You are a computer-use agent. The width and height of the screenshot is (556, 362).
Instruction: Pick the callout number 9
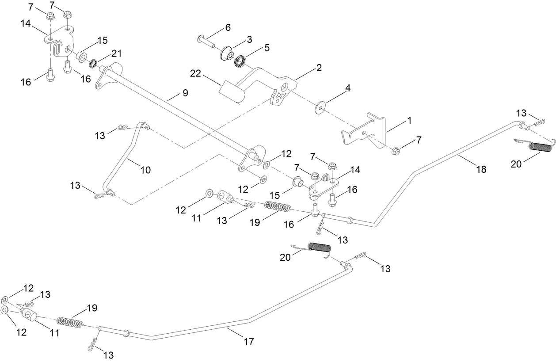185,93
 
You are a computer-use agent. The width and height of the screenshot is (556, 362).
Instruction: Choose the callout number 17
249,341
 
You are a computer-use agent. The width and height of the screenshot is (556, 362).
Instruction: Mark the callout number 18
481,169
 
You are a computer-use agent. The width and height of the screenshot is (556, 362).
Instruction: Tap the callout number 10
145,169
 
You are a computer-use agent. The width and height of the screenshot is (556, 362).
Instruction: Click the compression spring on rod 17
71,322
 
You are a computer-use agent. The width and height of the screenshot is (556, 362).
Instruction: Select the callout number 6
228,27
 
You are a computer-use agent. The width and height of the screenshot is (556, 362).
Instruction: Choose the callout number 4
348,88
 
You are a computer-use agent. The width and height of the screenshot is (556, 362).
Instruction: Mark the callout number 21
116,53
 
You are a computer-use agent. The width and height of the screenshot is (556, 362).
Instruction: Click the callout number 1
409,120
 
